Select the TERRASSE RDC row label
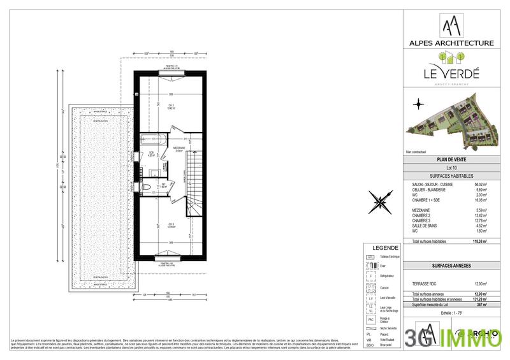click(426, 284)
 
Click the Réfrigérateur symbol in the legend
click(370, 277)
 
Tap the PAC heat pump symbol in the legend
click(370, 320)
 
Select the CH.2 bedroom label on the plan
click(154, 106)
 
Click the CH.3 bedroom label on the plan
click(154, 225)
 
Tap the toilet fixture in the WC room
click(145, 187)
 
